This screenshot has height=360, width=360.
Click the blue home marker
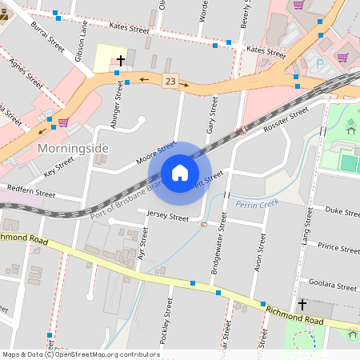coord(180,173)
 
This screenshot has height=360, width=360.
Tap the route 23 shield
coord(170,81)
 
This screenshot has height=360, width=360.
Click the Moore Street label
coord(155,153)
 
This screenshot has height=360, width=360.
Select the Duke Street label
coord(340,212)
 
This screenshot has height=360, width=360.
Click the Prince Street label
coord(337,247)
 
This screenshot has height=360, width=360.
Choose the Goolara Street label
coord(335,286)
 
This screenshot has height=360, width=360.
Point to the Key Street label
coord(58,165)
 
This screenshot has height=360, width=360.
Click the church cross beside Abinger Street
coord(121,61)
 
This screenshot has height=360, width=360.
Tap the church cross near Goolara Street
coord(302,305)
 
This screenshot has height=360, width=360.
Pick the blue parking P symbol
coord(321,63)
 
